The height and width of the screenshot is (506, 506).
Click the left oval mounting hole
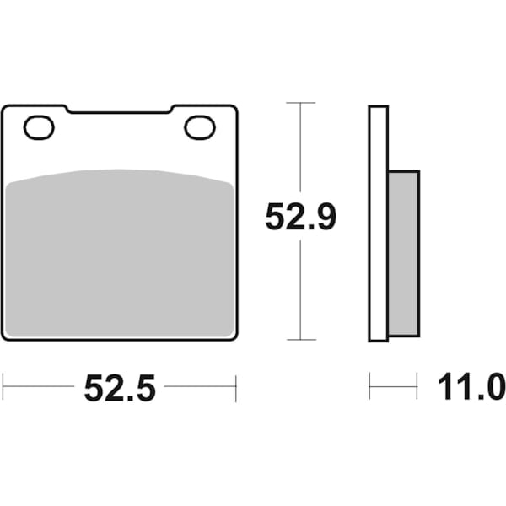(39, 128)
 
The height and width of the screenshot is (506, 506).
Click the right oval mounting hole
(200, 127)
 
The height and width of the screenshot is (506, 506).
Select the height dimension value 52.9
(300, 218)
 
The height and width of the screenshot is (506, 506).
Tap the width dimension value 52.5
(119, 388)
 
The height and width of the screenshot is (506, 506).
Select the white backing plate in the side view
(378, 223)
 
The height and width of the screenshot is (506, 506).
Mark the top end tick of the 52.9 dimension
(301, 103)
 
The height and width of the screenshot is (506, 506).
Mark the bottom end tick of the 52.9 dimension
(301, 340)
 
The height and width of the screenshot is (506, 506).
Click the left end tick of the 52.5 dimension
(3, 388)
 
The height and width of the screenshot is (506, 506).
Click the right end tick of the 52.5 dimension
(236, 388)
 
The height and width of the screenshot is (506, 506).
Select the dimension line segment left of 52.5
(39, 388)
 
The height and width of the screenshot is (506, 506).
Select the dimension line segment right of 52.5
(201, 388)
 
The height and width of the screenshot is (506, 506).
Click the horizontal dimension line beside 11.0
(393, 388)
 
